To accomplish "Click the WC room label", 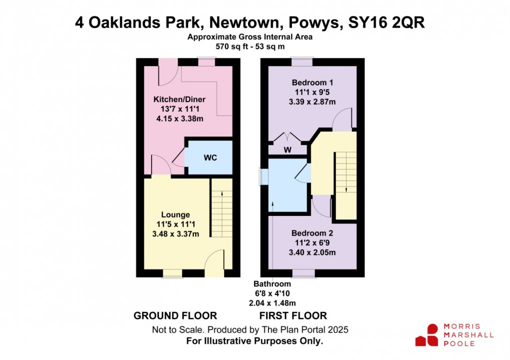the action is point(210,157).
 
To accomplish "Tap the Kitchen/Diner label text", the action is point(179,99).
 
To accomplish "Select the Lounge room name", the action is point(175,214).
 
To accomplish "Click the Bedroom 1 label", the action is point(312,82).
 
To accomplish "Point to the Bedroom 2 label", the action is point(312,233).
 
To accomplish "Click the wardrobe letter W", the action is point(287,150).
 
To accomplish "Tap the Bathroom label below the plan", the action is point(272,284).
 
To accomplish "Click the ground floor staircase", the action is point(222,208).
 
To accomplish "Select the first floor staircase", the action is point(346,185).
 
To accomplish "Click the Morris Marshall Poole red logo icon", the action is point(427,335).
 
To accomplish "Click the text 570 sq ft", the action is point(232,46).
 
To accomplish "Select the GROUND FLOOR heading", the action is point(175,316).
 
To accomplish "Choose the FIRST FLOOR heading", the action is point(293,316).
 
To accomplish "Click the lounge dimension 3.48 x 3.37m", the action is point(175,234).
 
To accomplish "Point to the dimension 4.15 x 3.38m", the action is point(179,118).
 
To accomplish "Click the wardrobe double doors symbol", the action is point(287,137).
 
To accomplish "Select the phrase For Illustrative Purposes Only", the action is point(254,341).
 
